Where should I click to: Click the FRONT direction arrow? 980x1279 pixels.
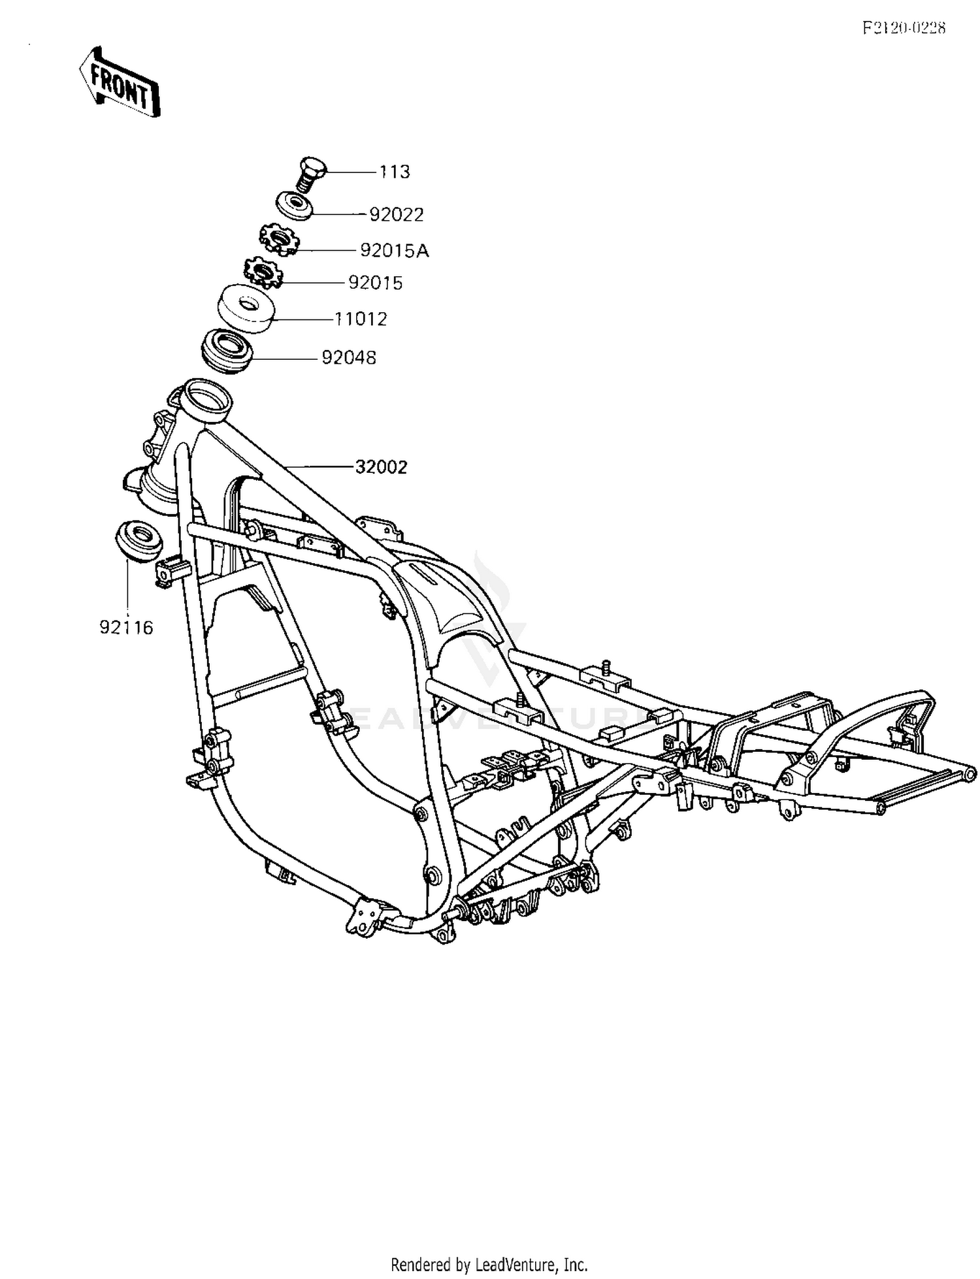[x=120, y=82]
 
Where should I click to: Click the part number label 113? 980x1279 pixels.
[x=395, y=172]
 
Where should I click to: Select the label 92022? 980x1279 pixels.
[x=397, y=214]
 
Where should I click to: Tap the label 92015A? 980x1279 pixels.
[x=395, y=251]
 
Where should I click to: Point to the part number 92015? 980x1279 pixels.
[x=376, y=283]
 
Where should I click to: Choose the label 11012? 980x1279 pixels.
[x=361, y=319]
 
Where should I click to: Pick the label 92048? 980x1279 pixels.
[x=349, y=358]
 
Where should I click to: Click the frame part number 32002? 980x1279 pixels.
[x=382, y=467]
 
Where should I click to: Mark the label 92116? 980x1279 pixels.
[x=126, y=628]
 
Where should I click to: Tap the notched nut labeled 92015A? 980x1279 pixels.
[x=279, y=239]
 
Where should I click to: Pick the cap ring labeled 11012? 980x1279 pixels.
[x=246, y=308]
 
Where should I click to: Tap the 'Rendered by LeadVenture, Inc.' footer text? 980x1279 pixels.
[x=489, y=1264]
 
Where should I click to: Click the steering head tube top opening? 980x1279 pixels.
[x=206, y=395]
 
